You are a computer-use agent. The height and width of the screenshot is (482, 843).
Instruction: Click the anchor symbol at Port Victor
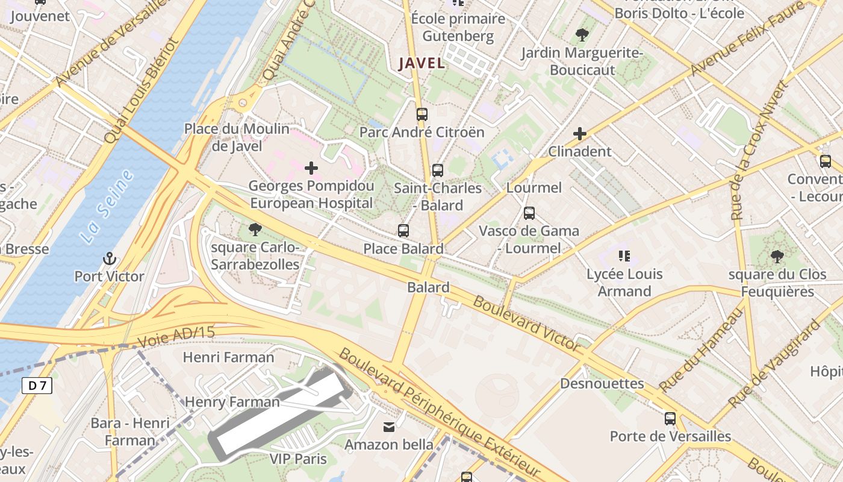tap(109, 258)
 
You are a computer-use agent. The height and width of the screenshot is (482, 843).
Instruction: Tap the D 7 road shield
tap(37, 386)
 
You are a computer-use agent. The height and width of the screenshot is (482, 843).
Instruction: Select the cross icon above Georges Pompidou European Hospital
tap(311, 168)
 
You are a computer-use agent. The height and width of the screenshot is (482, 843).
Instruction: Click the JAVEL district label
tap(422, 63)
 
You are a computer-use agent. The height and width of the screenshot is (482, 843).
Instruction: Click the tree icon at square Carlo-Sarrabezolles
tap(255, 229)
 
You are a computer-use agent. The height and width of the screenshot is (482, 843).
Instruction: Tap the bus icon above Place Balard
tap(403, 230)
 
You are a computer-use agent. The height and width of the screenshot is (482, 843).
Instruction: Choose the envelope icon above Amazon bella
tap(389, 427)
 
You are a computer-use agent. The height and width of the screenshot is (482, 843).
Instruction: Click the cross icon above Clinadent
tap(580, 133)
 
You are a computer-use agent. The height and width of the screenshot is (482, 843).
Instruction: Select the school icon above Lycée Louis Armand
tap(624, 256)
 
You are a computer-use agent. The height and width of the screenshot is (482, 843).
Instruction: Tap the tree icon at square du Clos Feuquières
tap(777, 257)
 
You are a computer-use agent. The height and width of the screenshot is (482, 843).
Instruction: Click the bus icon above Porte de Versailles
tap(670, 418)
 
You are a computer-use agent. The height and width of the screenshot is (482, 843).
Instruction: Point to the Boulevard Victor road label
tap(526, 323)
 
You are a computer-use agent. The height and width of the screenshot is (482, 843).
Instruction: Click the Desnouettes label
tap(602, 384)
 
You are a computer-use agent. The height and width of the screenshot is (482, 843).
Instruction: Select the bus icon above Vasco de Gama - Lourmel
tap(529, 213)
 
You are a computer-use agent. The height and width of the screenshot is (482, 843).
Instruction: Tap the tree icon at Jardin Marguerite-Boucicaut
tap(582, 35)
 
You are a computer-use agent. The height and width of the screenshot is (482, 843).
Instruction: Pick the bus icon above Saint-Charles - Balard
tap(438, 171)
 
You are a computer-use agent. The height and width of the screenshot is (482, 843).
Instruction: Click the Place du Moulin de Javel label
tap(237, 137)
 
